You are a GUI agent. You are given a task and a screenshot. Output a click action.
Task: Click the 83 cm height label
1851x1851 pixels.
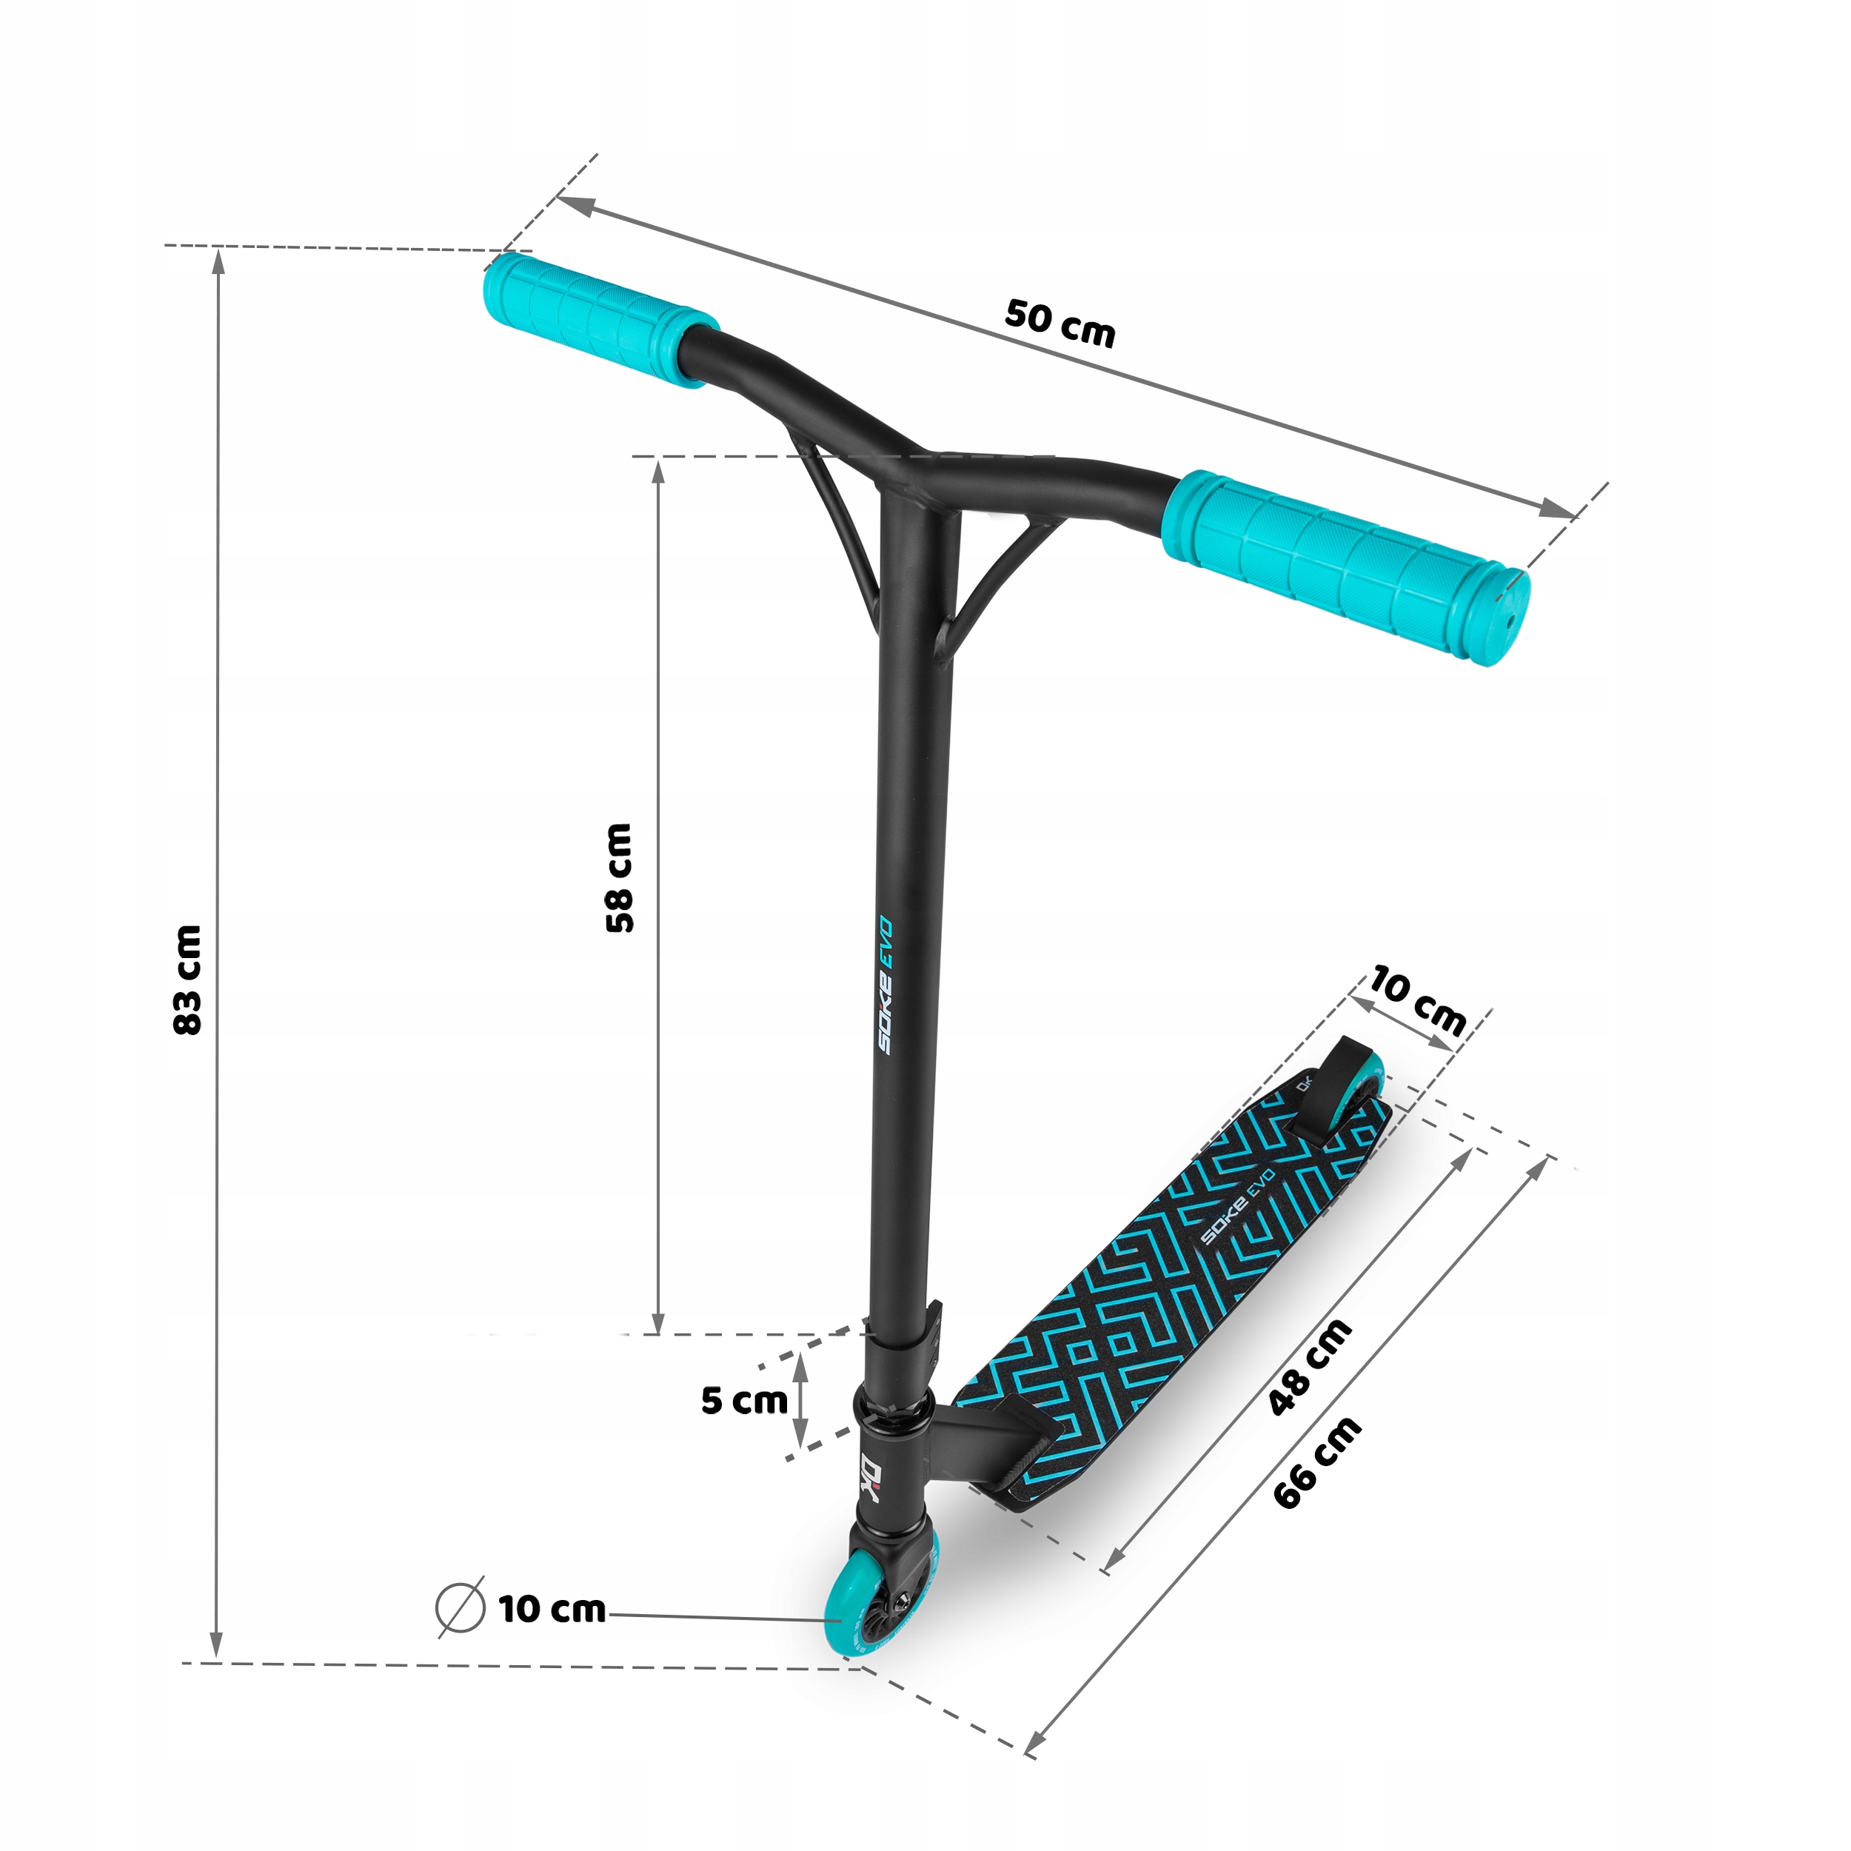point(188,979)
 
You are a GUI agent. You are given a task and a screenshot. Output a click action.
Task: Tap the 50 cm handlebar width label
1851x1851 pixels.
point(1060,323)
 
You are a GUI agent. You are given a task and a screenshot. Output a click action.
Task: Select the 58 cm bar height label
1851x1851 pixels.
point(619,877)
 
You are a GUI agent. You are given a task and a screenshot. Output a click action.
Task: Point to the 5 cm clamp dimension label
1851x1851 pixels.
point(743,1400)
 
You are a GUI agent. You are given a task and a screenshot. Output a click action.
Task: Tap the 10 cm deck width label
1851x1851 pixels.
point(1417,1000)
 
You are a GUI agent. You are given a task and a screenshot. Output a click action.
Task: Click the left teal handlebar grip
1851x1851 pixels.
point(600,317)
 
